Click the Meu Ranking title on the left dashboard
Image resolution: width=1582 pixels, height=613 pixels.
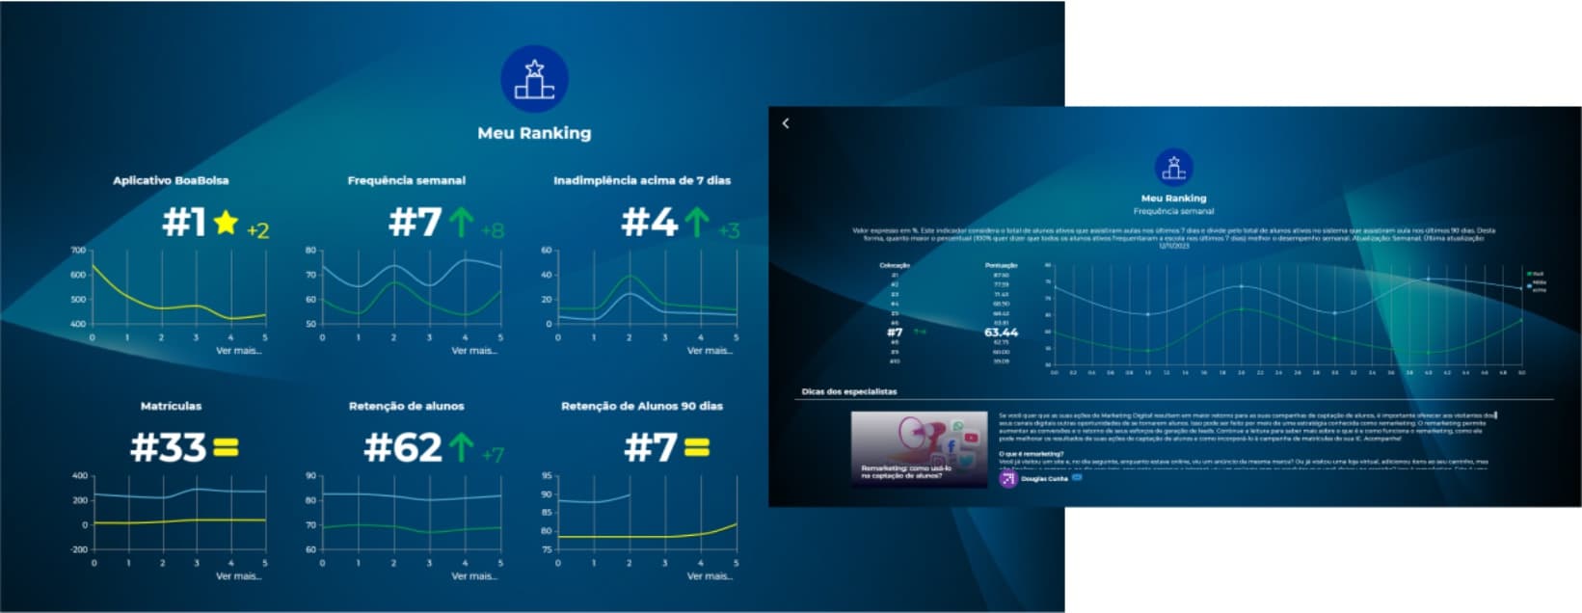[x=534, y=133]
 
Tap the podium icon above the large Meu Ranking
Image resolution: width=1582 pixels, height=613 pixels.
[x=534, y=79]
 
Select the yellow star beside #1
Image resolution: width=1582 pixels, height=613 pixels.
[x=226, y=224]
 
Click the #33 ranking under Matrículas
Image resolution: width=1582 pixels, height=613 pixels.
[x=168, y=447]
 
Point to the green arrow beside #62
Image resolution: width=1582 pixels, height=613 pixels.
[x=462, y=447]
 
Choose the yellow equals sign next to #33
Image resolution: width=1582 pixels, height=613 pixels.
[x=226, y=447]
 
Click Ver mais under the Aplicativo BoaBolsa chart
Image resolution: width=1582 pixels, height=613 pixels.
[x=238, y=350]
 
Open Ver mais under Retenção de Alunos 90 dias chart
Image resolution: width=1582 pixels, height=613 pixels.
[x=709, y=575]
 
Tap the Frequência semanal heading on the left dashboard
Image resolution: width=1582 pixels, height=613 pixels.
[x=406, y=180]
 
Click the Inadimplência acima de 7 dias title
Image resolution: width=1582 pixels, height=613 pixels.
[x=641, y=180]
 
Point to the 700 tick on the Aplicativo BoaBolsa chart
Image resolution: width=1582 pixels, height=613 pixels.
[x=78, y=250]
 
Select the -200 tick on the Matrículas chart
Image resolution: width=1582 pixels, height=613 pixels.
[x=78, y=549]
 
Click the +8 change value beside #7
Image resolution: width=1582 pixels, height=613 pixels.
[x=492, y=230]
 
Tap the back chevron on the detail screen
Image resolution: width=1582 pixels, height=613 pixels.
[x=786, y=123]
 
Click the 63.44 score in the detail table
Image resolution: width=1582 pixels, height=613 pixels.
[x=1001, y=333]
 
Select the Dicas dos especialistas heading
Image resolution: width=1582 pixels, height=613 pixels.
[x=848, y=391]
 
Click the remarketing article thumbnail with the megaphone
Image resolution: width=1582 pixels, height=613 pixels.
[x=919, y=448]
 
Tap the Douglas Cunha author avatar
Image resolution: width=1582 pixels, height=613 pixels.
[x=1007, y=478]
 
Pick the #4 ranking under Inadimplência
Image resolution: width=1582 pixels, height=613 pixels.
[x=649, y=224]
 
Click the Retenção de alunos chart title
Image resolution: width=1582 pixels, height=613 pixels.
[x=406, y=406]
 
